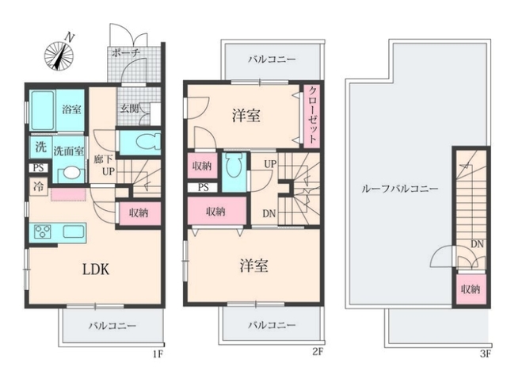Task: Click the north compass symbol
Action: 59,55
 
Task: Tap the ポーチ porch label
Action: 125,53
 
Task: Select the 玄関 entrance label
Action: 129,109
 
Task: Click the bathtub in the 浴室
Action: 42,110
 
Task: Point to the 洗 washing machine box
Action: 40,147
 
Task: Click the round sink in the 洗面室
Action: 71,173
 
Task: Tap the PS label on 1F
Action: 39,168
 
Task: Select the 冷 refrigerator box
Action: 39,186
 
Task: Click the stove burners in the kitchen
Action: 43,231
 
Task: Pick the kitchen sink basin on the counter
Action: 74,231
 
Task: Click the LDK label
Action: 96,270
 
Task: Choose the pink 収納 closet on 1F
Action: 140,213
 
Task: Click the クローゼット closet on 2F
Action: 311,116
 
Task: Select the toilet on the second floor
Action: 234,165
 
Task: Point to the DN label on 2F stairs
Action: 269,213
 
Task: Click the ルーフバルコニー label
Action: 399,189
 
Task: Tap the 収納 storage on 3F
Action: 471,289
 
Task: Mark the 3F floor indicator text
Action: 486,354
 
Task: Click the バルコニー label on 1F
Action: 112,326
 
